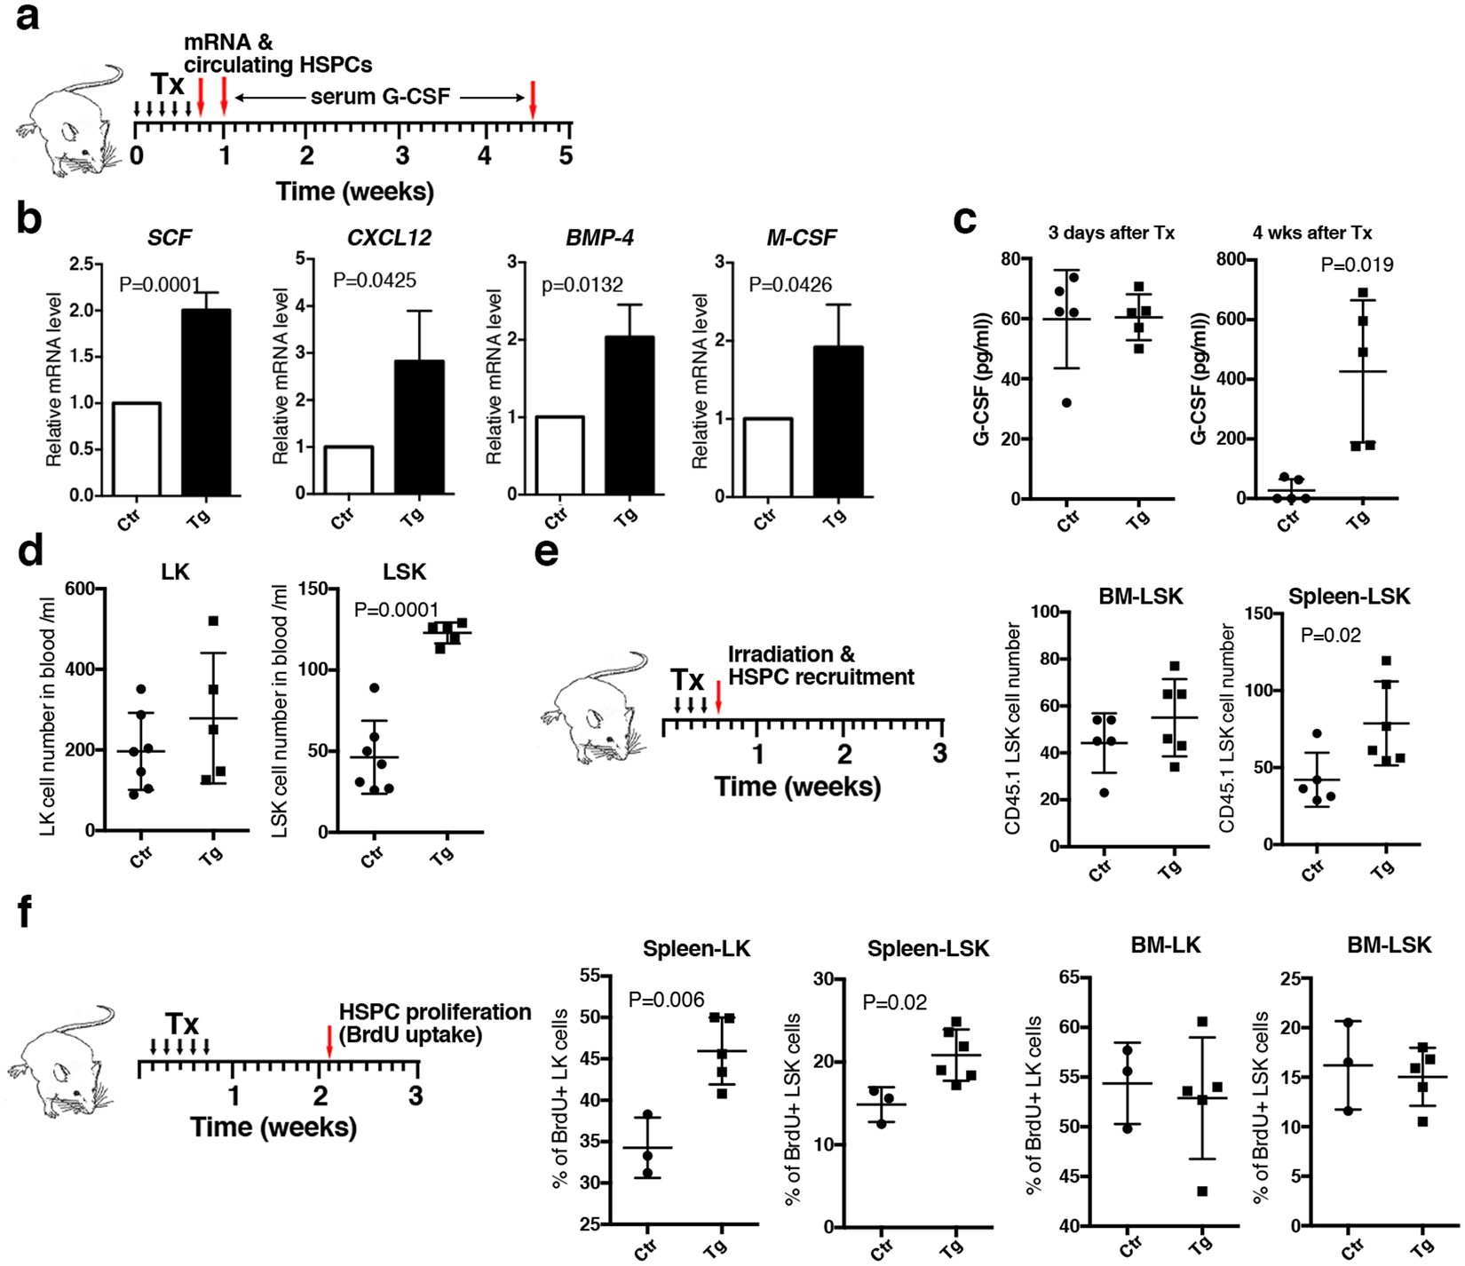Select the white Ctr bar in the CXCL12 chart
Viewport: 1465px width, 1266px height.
[x=348, y=470]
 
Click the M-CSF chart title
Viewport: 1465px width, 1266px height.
[x=802, y=238]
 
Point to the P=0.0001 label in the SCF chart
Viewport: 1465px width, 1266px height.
[x=160, y=285]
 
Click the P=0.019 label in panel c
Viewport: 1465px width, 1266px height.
[x=1357, y=265]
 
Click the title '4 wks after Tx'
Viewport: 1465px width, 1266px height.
[x=1311, y=233]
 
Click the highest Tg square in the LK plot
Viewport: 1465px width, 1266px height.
[x=213, y=621]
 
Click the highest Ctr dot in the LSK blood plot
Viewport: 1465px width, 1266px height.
[x=375, y=688]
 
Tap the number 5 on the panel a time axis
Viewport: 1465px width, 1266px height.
[x=566, y=156]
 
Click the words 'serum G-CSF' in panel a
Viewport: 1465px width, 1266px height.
[x=380, y=97]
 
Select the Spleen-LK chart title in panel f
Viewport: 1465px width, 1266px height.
[x=696, y=949]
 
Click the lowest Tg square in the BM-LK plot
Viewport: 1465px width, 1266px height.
[x=1201, y=1191]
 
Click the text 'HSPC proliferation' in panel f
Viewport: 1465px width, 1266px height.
[x=434, y=1012]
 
